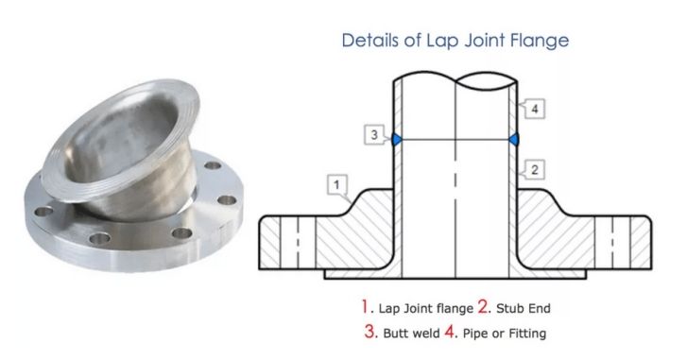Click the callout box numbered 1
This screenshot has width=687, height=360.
(x=337, y=184)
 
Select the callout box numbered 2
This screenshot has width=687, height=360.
(x=534, y=169)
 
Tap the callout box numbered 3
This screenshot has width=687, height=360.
(x=374, y=134)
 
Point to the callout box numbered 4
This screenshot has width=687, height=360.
(x=534, y=109)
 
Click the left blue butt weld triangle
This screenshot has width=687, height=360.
(x=397, y=139)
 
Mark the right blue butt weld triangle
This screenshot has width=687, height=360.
(x=514, y=139)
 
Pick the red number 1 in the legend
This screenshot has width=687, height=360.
(x=365, y=306)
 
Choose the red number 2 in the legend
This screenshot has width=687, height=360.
(x=483, y=306)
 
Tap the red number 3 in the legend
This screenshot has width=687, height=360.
(x=369, y=331)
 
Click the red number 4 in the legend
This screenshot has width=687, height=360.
(x=450, y=331)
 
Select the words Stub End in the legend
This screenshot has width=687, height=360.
(x=524, y=308)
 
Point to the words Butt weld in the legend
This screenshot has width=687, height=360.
(x=411, y=334)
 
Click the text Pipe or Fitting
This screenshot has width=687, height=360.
(x=505, y=334)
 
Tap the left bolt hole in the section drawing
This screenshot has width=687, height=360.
(x=298, y=242)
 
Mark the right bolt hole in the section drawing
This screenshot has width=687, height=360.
(x=612, y=242)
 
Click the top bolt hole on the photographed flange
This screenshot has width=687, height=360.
(x=213, y=165)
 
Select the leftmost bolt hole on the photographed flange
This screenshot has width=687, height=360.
(x=43, y=212)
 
